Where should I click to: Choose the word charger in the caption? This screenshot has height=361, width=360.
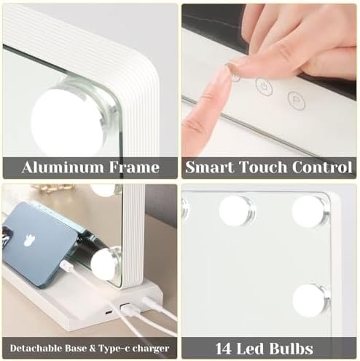[x=155, y=348]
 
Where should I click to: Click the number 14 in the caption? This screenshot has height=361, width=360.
[x=226, y=348]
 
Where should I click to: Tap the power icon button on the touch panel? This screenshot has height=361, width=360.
[x=263, y=85]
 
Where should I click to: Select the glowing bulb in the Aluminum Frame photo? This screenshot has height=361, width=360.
[x=69, y=116]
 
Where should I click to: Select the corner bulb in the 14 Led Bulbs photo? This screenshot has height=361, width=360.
[x=310, y=210]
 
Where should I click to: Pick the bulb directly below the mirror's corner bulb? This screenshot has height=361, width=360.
[x=310, y=299]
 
